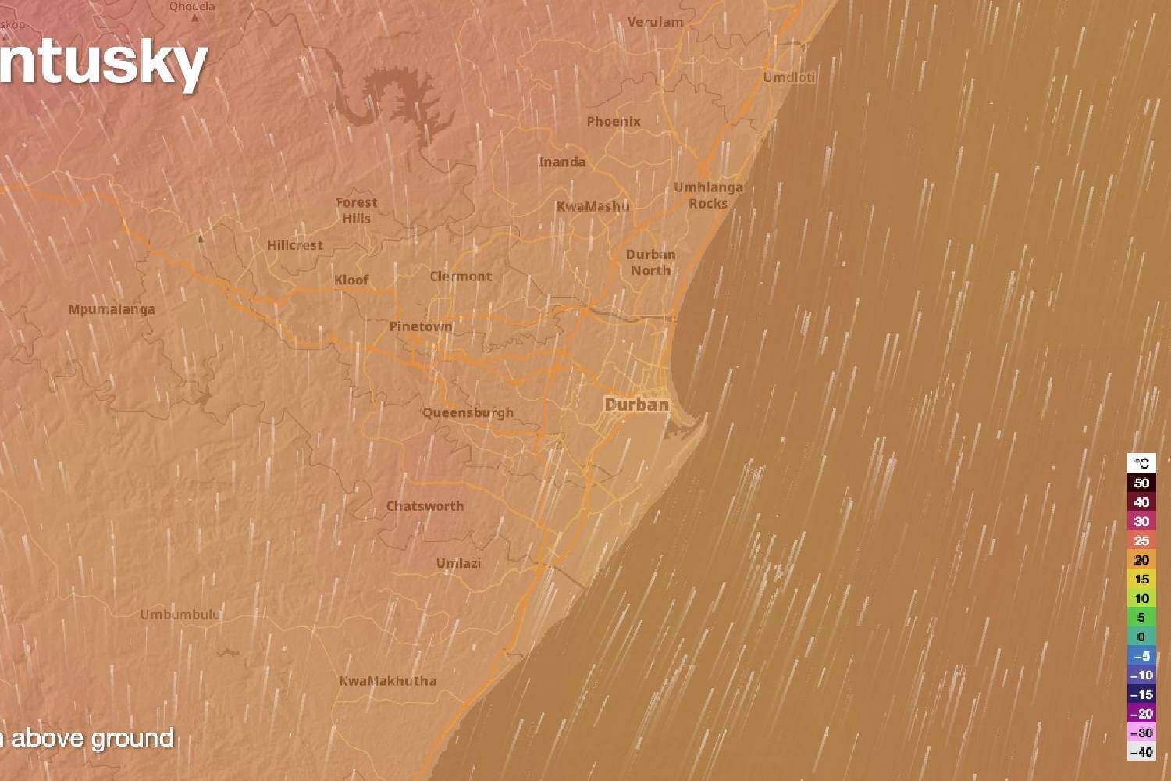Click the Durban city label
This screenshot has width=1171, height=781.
point(637,404)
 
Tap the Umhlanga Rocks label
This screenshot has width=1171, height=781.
point(708,195)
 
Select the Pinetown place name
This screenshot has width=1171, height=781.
point(421,326)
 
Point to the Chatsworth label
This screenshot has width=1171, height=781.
point(425,506)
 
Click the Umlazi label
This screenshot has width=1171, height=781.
point(458,563)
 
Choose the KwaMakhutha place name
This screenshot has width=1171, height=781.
point(387,680)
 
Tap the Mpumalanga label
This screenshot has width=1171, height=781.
point(111,309)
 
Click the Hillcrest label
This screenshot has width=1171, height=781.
point(295,245)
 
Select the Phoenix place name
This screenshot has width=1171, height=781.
point(614,121)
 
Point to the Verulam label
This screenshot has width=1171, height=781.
point(655,22)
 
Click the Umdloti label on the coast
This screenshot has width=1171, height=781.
point(789,77)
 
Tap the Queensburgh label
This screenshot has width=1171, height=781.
point(468,412)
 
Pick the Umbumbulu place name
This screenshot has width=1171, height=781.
point(180,615)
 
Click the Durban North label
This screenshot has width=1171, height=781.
point(651,262)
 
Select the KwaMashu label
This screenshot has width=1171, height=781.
point(593,206)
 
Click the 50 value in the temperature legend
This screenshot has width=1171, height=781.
point(1141,483)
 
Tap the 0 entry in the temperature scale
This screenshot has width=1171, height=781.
point(1141,637)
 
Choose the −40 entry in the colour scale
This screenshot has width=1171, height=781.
point(1141,752)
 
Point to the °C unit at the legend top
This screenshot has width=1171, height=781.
point(1141,463)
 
